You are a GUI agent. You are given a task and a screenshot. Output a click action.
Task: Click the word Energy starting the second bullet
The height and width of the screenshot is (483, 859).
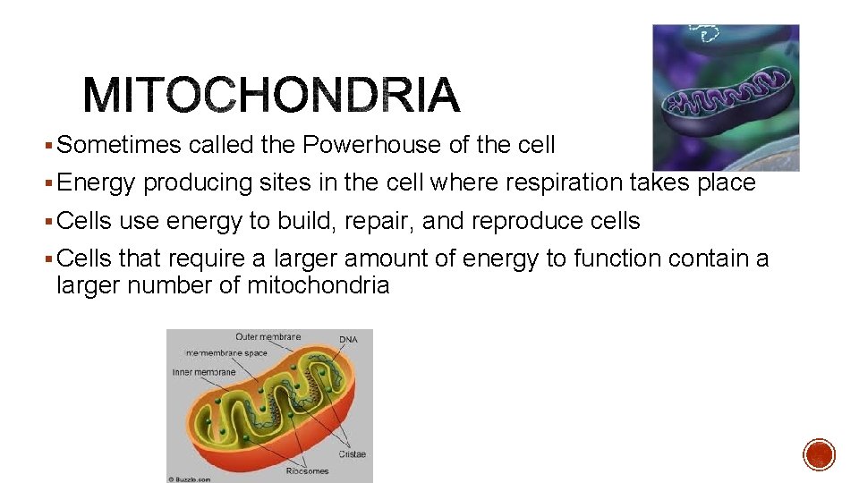pos(96,183)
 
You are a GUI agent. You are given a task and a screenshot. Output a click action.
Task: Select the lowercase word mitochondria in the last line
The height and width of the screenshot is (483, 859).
pos(318,286)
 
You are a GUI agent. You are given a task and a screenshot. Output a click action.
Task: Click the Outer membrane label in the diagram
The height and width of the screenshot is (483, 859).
pos(268,337)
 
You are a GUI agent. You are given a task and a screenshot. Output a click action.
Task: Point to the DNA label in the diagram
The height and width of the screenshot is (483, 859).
pos(348,340)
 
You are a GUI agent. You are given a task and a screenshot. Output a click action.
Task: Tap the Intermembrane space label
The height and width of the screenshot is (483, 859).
pos(225,353)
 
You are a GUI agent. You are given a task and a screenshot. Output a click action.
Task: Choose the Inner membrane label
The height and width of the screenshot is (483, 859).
pos(204,372)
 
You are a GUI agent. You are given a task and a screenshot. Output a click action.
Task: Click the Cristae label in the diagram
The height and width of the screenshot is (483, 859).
pos(352,454)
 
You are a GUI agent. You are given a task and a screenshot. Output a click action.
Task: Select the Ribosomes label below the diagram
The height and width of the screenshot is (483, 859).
pos(307,470)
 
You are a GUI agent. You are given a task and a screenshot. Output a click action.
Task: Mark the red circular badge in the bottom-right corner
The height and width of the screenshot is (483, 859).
pos(819,454)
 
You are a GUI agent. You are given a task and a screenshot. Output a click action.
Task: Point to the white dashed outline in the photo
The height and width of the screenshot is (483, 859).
pos(710,34)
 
